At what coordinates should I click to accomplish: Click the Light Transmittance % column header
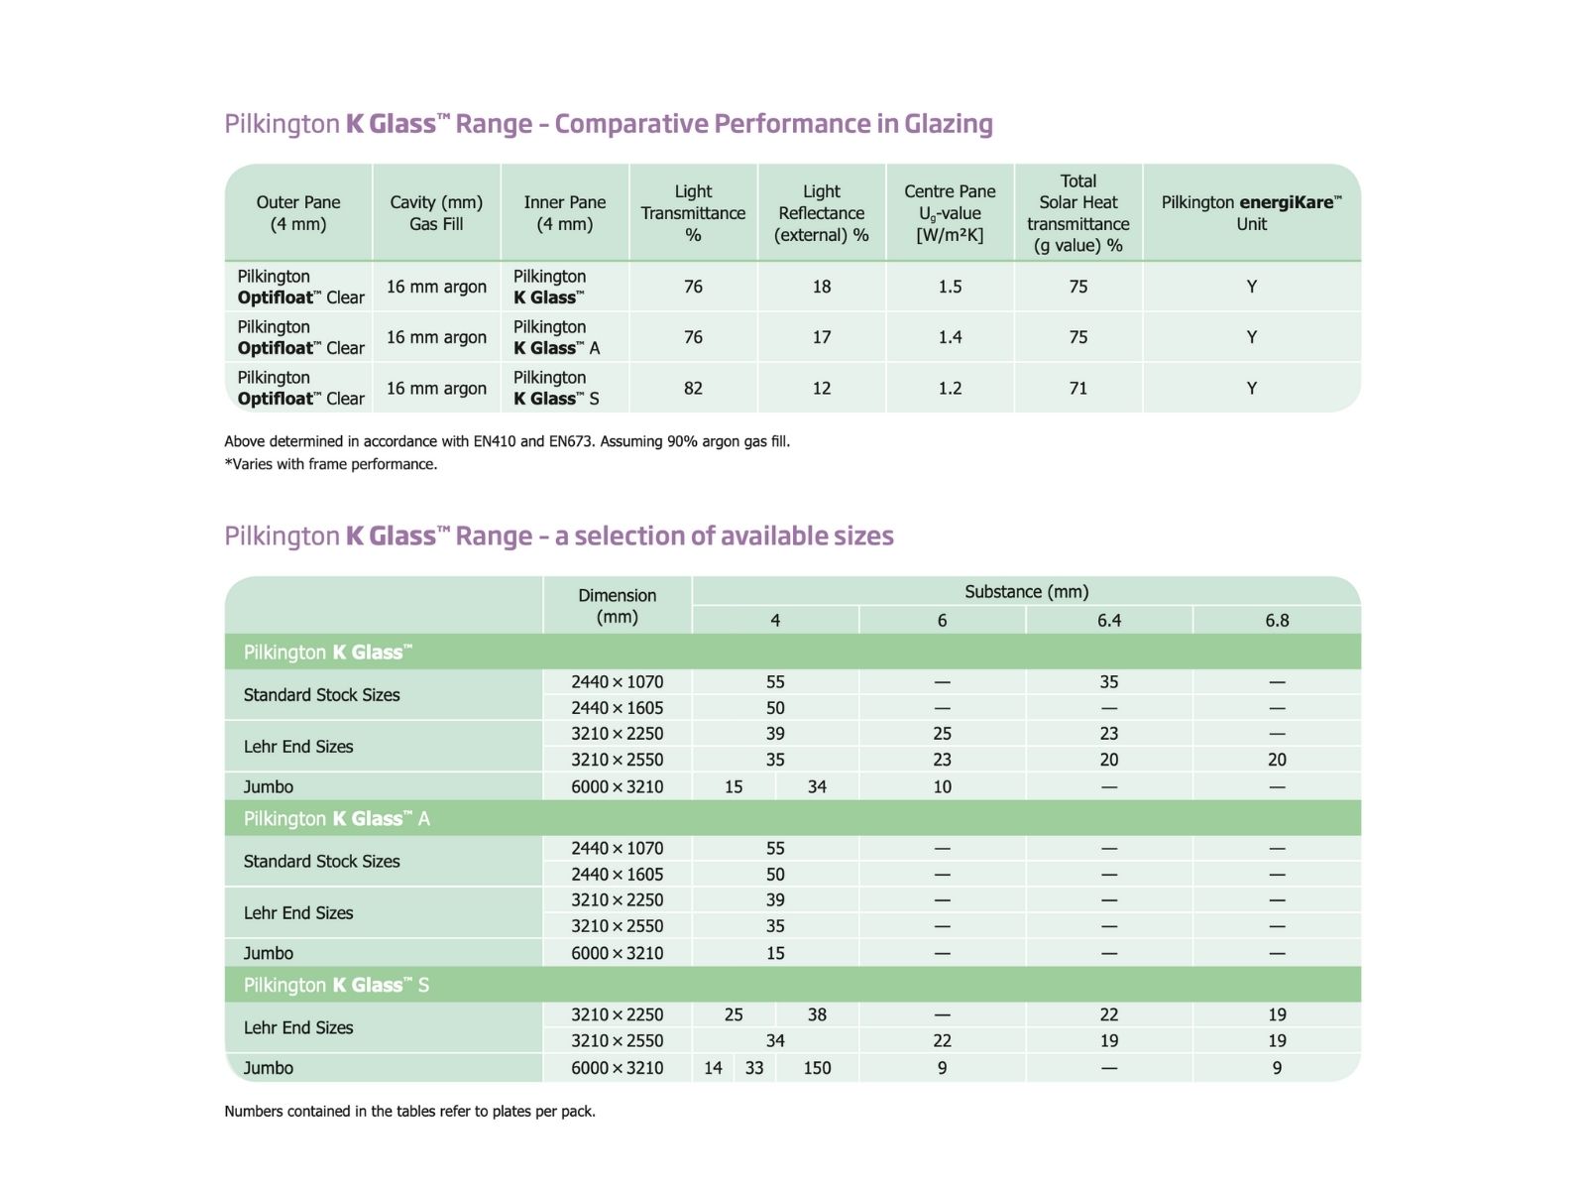(693, 213)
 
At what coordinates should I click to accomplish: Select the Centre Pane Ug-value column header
(950, 213)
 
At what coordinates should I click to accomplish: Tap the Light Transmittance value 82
(693, 389)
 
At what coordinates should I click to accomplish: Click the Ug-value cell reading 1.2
(950, 389)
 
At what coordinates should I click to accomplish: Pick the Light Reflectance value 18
(822, 287)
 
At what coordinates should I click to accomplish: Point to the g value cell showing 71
(1078, 389)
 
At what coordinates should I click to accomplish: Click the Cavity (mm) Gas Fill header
(436, 213)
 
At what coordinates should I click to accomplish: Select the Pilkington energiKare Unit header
(1251, 213)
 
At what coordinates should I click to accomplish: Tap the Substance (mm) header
(1026, 592)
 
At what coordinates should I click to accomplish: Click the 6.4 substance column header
(1109, 621)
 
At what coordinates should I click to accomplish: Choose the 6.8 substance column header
(1277, 621)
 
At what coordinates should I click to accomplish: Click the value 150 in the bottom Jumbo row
(817, 1068)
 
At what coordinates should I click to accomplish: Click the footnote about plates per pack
(409, 1112)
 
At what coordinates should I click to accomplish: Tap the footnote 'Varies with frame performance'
(331, 464)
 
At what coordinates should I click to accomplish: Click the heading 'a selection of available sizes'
(559, 536)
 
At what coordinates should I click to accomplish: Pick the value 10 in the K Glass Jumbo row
(942, 787)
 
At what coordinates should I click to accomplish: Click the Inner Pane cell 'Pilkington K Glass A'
(557, 338)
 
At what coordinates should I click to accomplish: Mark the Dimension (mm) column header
(617, 606)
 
